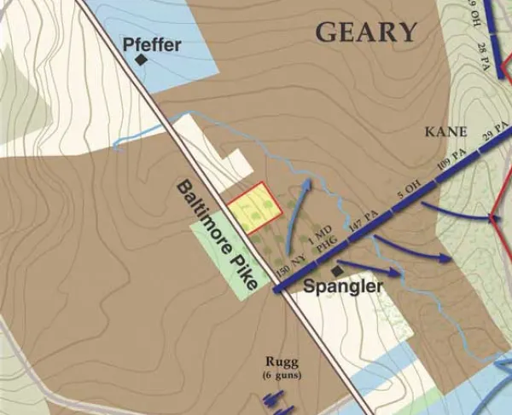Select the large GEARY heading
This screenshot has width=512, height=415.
click(x=366, y=32)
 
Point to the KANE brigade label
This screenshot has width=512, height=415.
click(x=446, y=132)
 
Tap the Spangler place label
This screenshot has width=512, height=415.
click(x=344, y=287)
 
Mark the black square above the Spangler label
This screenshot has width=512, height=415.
click(x=337, y=270)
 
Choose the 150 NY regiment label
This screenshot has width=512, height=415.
click(x=290, y=259)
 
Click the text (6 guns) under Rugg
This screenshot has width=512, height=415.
click(x=282, y=375)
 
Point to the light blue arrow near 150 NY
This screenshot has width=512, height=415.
click(x=296, y=222)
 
